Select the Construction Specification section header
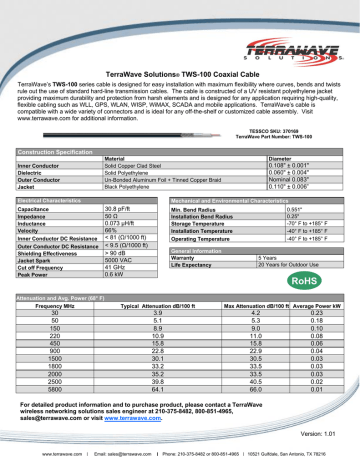pos(49,149)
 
